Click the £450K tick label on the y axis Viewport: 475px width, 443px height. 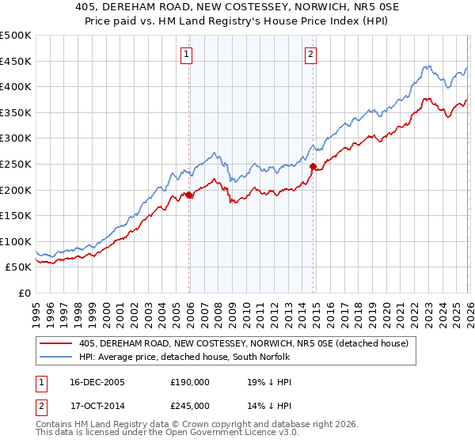click(16, 61)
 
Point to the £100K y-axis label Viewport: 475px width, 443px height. click(16, 241)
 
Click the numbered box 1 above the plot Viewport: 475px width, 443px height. click(185, 55)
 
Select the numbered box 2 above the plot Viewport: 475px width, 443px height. click(310, 55)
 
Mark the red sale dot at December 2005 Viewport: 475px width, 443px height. click(189, 195)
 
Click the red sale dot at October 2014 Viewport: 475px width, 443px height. click(313, 167)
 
